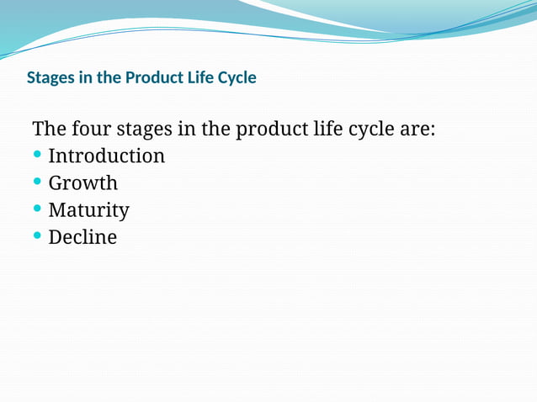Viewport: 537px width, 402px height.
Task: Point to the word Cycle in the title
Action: (238, 78)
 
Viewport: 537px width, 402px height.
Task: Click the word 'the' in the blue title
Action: (108, 78)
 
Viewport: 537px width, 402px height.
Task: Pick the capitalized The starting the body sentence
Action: (49, 130)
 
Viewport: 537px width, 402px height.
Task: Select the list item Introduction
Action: (106, 156)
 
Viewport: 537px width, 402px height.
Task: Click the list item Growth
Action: (82, 183)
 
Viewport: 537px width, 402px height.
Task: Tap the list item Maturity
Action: (88, 210)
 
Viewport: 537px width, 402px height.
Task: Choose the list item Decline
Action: (82, 237)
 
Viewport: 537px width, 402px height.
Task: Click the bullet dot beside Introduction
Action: (37, 156)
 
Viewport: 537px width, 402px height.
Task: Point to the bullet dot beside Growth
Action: (37, 182)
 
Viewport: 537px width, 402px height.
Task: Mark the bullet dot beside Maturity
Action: (37, 209)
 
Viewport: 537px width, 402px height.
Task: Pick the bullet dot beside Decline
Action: (37, 236)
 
